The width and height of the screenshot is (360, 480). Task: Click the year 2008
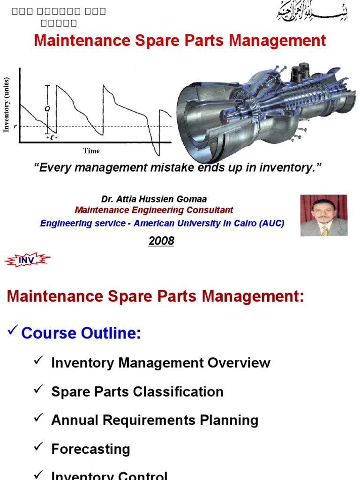tap(161, 241)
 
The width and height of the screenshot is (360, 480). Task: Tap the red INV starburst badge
tap(27, 260)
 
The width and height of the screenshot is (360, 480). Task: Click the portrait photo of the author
tap(323, 216)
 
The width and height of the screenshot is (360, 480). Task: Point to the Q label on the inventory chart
tap(47, 108)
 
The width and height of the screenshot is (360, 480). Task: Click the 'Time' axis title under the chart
tap(91, 151)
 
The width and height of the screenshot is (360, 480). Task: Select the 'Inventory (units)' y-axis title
tap(7, 105)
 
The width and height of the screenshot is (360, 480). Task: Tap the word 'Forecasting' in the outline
tap(90, 449)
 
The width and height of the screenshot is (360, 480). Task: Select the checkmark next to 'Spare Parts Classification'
tap(39, 390)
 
